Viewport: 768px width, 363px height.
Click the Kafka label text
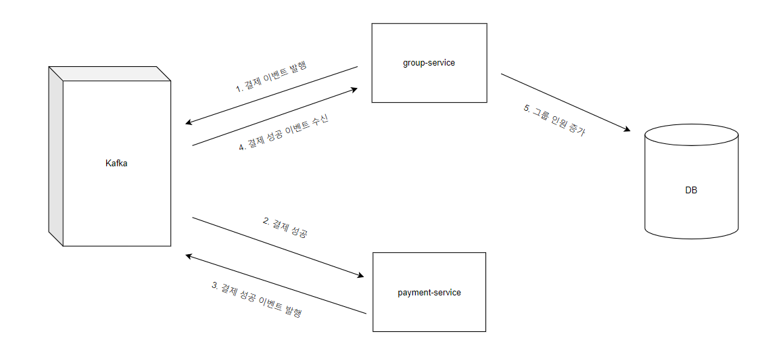click(x=116, y=163)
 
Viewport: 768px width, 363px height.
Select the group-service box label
click(x=429, y=63)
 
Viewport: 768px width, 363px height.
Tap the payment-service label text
click(x=429, y=293)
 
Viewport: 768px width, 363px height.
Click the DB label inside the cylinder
click(x=691, y=191)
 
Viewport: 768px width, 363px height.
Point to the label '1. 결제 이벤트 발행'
click(x=270, y=77)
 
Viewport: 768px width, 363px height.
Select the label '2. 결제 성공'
click(x=285, y=227)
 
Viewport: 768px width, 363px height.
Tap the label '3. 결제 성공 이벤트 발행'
click(x=256, y=299)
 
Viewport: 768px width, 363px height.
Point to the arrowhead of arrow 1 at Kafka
click(x=190, y=123)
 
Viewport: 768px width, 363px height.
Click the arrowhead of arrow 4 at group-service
click(x=354, y=89)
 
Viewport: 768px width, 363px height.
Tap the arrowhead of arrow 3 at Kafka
click(x=190, y=256)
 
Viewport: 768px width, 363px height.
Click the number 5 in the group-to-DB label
click(x=526, y=109)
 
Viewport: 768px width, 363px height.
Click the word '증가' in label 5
click(x=577, y=131)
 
